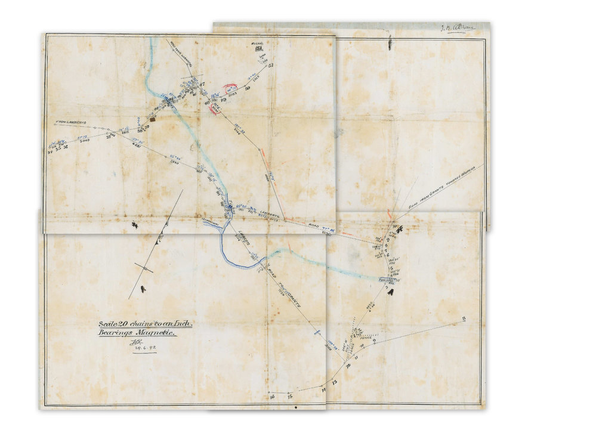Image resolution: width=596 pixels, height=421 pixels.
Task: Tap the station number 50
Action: [246, 88]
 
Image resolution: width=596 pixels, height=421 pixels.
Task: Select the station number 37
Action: [109, 136]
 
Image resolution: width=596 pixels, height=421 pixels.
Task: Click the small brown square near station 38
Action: [153, 119]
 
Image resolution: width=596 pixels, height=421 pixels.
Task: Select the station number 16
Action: [271, 395]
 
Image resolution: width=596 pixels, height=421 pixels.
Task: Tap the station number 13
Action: [334, 382]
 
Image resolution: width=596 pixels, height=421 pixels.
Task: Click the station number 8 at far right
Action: [464, 319]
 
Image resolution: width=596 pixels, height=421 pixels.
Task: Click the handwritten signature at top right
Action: [453, 28]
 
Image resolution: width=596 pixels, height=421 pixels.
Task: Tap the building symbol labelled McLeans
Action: [260, 49]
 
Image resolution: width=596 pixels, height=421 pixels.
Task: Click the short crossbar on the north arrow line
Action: [143, 268]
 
